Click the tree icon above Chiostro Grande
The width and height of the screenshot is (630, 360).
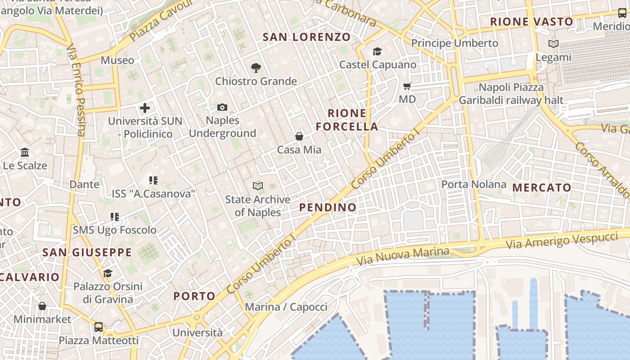click(256, 68)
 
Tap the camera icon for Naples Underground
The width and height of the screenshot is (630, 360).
click(222, 107)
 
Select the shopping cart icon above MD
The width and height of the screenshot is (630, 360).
click(407, 86)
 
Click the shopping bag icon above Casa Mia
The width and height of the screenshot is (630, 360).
click(299, 136)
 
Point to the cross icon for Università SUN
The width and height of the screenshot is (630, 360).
click(145, 108)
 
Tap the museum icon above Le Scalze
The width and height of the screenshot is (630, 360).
click(25, 152)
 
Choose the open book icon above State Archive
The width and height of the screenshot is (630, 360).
click(258, 186)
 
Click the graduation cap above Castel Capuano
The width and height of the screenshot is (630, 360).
click(377, 52)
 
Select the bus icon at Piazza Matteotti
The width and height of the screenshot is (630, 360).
click(99, 327)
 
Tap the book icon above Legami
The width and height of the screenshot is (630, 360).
click(553, 44)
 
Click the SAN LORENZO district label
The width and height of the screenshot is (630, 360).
click(306, 37)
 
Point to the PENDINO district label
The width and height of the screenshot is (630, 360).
click(328, 207)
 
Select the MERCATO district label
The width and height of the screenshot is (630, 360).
click(542, 188)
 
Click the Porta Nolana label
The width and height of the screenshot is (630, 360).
click(474, 184)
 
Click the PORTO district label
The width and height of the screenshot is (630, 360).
click(194, 296)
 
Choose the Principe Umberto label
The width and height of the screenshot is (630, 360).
click(455, 43)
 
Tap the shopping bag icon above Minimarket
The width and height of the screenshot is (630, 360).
click(42, 306)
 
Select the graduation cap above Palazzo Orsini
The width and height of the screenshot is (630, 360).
click(108, 273)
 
